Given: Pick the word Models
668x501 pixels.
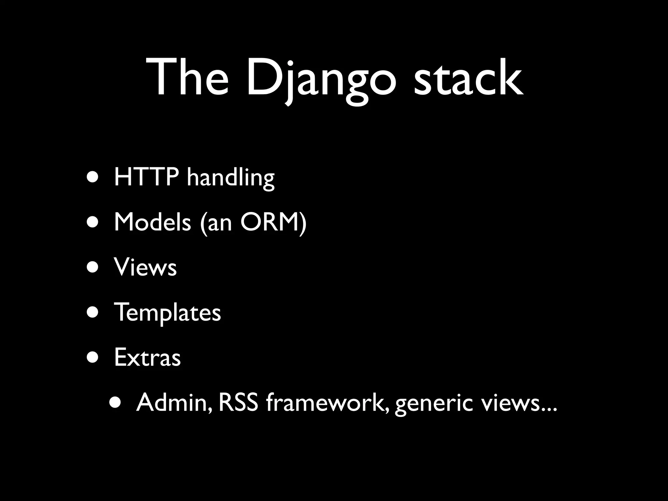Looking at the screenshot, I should click(x=152, y=222).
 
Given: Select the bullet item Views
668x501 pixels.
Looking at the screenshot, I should click(x=145, y=267).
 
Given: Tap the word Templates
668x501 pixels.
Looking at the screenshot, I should click(x=167, y=312).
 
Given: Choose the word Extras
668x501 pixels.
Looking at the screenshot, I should click(x=147, y=357).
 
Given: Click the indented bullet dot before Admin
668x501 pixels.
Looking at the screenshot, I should click(x=116, y=403).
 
